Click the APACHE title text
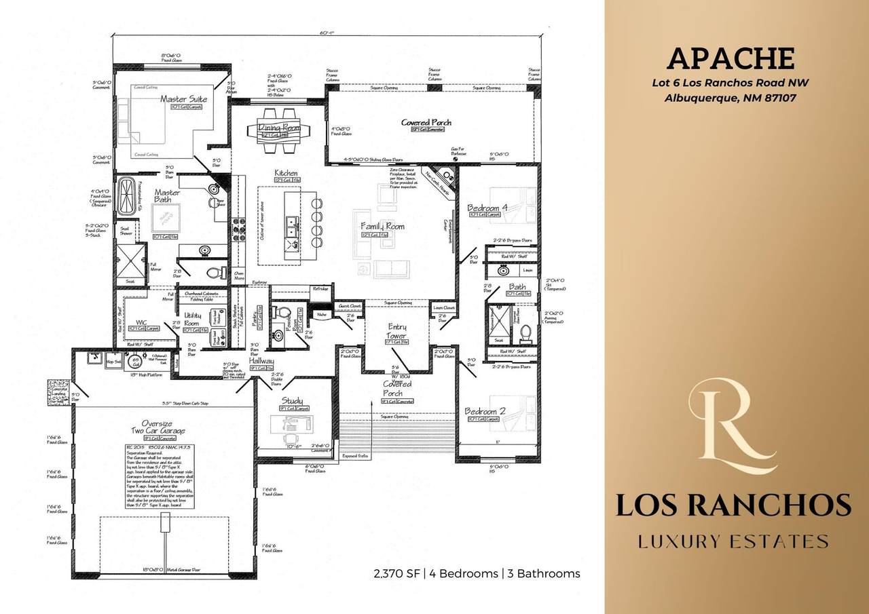730,58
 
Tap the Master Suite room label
183,99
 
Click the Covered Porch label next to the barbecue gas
426,123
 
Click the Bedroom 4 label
487,208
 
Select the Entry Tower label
397,331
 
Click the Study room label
292,401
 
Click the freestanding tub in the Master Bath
127,196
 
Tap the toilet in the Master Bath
215,273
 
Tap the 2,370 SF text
397,573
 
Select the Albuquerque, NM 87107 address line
730,98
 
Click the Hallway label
261,362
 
